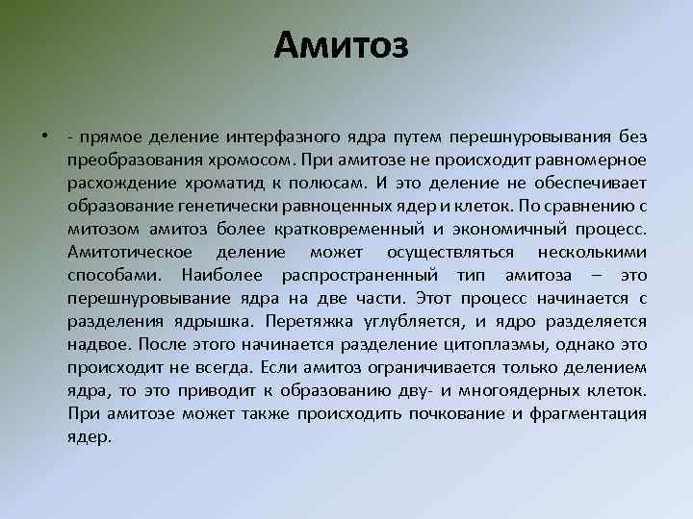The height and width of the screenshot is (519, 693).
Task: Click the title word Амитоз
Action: pos(342,44)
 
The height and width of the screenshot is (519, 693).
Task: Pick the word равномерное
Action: pos(590,159)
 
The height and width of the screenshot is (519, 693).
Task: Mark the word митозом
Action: pos(106,229)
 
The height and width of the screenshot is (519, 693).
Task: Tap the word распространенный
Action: pos(345,276)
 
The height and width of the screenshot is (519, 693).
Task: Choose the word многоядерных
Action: pos(531,390)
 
